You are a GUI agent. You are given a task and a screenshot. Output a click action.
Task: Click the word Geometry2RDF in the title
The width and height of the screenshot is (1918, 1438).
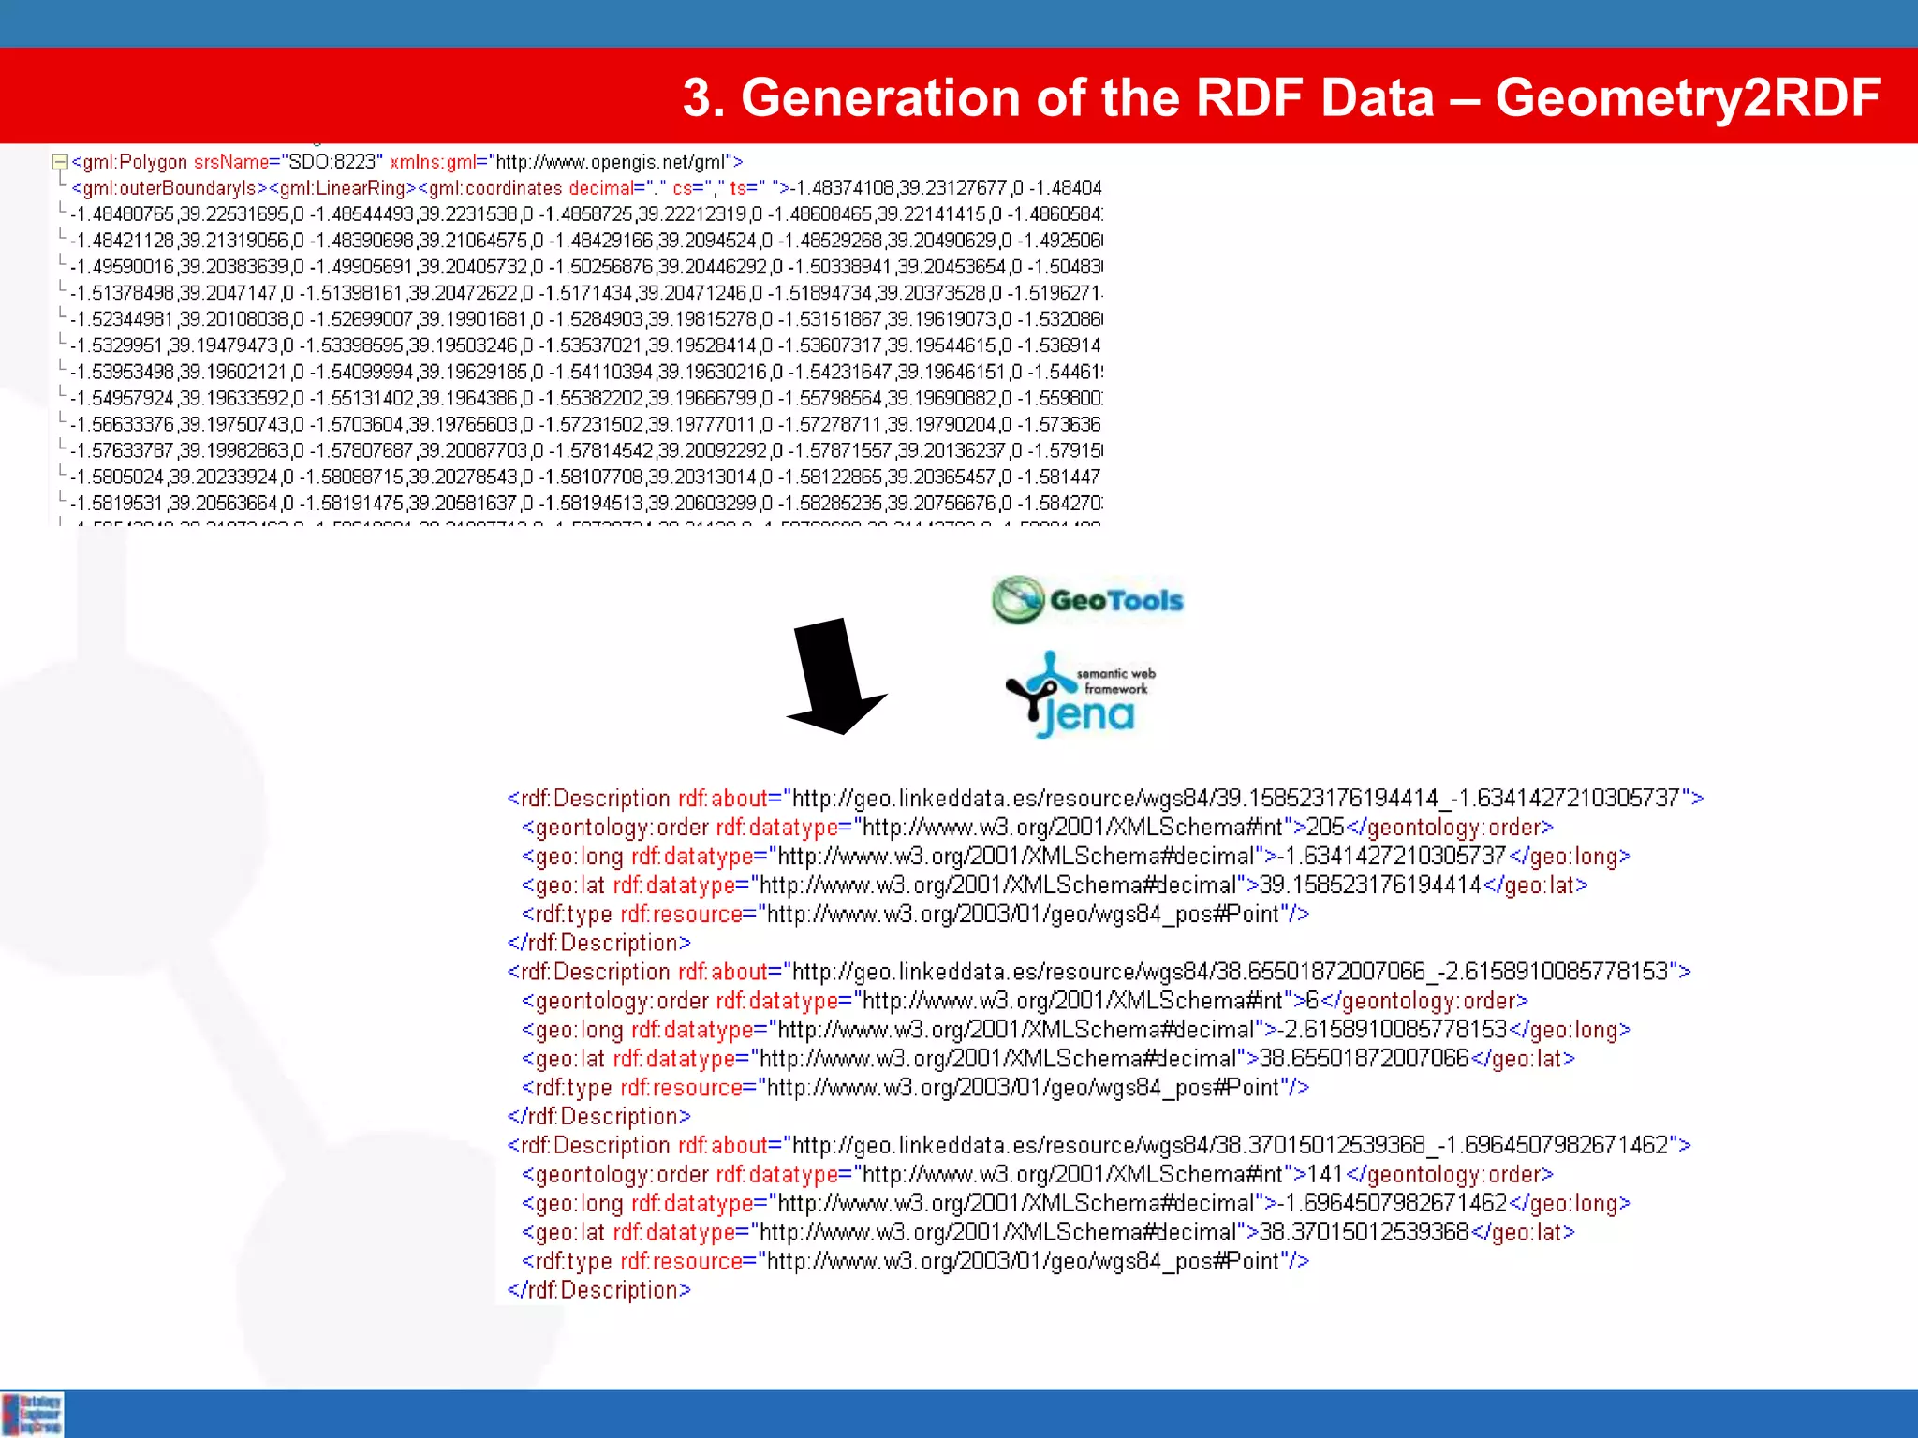pos(1688,98)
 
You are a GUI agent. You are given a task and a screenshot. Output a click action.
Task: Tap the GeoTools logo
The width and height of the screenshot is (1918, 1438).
pos(1087,600)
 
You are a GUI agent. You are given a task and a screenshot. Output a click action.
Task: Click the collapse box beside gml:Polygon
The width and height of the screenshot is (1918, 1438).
pos(60,162)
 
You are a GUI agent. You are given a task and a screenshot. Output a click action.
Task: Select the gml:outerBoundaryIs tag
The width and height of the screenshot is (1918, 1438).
pos(170,188)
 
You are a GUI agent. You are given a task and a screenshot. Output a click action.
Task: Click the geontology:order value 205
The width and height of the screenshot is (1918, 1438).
pos(1325,828)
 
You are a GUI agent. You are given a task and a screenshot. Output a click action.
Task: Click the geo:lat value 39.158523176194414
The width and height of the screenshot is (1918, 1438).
pos(1370,886)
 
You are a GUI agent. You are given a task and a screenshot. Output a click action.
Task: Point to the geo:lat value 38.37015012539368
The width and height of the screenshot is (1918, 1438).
pos(1364,1233)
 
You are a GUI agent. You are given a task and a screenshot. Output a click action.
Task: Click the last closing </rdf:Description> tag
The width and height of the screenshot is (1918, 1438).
pos(598,1290)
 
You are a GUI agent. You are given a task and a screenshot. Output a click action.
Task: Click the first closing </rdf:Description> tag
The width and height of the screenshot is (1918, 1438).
pos(598,943)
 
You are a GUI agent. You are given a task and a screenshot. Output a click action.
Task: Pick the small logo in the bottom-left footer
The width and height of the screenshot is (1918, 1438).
pos(33,1414)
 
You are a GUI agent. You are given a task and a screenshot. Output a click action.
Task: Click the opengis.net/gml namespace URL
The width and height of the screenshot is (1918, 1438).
pos(610,162)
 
